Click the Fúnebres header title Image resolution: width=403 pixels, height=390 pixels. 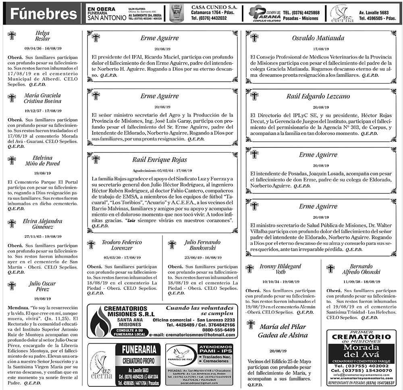[x=43, y=14]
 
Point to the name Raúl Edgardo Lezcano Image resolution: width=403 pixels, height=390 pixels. [x=318, y=96]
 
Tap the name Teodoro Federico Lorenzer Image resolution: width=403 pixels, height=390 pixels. [x=121, y=245]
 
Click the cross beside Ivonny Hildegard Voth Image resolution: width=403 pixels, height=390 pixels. [x=250, y=269]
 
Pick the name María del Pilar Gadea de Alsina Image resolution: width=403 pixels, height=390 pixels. [x=283, y=331]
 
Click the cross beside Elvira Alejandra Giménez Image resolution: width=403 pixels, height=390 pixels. [x=12, y=224]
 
